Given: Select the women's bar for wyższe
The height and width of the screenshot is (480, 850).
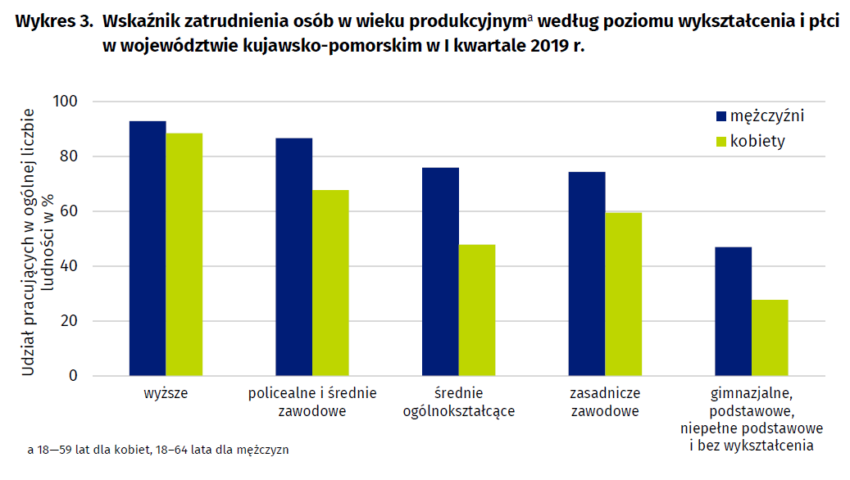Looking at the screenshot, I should [184, 255].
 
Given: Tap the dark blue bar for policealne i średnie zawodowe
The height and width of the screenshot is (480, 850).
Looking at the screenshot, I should [293, 257].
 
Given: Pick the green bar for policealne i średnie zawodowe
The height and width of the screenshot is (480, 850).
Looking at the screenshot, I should [330, 283].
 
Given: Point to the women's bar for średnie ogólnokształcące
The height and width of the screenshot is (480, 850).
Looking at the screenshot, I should [477, 310].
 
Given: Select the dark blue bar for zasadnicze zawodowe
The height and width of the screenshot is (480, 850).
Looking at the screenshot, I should [587, 274].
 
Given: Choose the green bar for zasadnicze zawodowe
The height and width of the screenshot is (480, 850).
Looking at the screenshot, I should [624, 294].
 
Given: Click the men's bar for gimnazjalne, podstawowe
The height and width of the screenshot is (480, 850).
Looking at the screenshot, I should [734, 311].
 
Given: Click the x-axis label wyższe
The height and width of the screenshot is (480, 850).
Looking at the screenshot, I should [166, 393].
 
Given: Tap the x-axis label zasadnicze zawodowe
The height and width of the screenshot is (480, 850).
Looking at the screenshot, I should [605, 401].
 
